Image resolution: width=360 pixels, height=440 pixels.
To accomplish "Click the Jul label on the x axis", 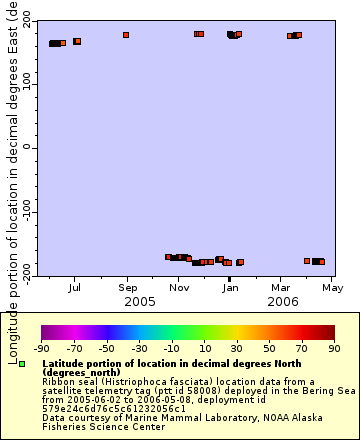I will [x=75, y=288].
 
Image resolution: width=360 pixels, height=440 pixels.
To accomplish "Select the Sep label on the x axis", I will [x=127, y=288].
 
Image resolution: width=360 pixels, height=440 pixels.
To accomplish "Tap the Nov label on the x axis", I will [x=179, y=288].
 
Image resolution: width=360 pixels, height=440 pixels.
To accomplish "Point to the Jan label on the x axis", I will [x=230, y=288].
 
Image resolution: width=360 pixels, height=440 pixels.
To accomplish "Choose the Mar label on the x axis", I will [x=281, y=288].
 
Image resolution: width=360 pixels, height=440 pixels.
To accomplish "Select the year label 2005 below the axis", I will [x=139, y=301].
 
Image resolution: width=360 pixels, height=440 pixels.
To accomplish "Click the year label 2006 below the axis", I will [x=283, y=301].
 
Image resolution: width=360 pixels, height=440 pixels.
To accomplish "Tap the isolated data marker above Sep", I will [x=126, y=35].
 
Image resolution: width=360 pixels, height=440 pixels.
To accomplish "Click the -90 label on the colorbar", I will [x=42, y=348].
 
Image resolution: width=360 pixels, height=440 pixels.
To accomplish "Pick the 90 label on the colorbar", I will [x=335, y=348].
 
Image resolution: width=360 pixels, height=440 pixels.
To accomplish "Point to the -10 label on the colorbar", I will [x=172, y=348].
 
